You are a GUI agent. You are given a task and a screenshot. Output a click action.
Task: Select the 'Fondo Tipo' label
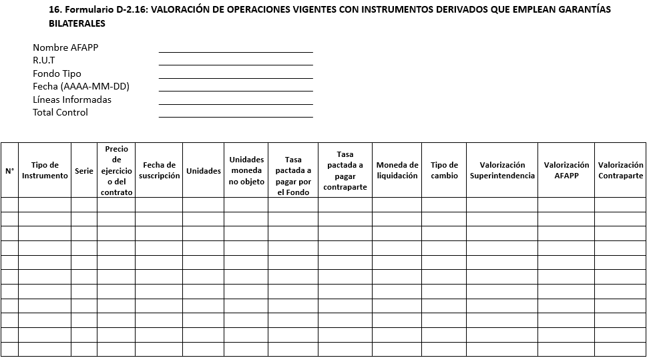(57, 73)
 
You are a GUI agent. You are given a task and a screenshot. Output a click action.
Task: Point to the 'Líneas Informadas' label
(72, 100)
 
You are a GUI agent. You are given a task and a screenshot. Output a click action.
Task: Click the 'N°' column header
(9, 170)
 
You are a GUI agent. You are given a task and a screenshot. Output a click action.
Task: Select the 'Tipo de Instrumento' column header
(45, 170)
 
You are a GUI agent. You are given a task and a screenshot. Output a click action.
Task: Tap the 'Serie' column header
(84, 170)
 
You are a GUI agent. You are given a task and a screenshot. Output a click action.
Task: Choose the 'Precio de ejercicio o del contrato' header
(117, 170)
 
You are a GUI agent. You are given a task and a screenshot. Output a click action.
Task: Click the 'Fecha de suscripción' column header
(160, 170)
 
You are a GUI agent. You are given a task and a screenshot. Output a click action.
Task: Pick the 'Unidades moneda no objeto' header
(246, 170)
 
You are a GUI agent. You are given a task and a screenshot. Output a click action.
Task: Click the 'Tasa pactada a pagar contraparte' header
(345, 170)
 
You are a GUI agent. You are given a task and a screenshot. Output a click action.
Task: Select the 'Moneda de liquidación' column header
(397, 170)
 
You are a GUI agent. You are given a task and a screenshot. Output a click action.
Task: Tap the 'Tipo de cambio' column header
(444, 170)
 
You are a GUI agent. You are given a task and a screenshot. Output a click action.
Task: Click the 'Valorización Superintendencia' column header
(502, 170)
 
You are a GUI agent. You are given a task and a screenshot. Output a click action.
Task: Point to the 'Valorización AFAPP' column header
(566, 170)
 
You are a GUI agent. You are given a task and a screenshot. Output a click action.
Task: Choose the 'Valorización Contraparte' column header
(620, 170)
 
